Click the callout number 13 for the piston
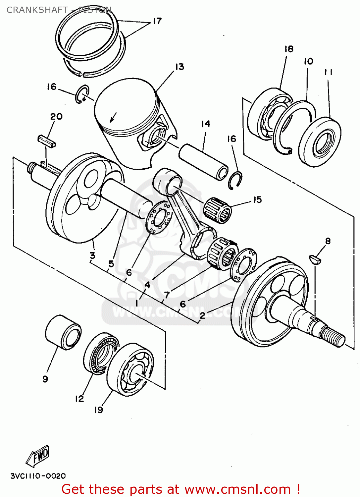(180, 67)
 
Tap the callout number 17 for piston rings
(157, 21)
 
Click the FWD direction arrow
(38, 456)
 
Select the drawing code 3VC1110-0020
(38, 476)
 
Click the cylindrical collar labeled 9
(63, 332)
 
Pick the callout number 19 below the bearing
(99, 410)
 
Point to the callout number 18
(289, 49)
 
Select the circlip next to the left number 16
(82, 94)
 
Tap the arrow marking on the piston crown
(113, 117)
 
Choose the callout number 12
(79, 399)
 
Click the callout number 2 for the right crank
(202, 315)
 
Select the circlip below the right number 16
(235, 180)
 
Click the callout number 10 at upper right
(308, 61)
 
